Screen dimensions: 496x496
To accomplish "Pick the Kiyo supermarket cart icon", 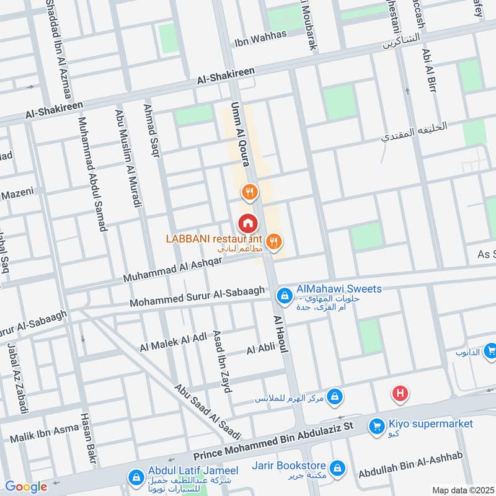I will pos(375,426).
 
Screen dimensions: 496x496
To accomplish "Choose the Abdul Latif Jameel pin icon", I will pos(135,477).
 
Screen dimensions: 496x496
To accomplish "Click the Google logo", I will pos(26,487).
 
